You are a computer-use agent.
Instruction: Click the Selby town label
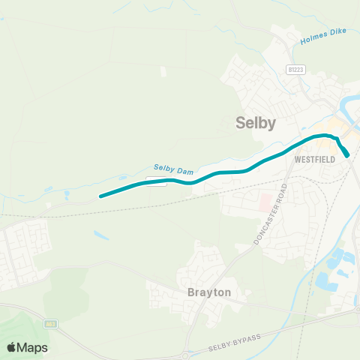(256, 122)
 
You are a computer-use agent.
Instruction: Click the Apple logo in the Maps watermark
(11, 347)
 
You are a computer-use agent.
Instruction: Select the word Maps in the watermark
(32, 347)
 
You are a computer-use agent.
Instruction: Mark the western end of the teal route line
(100, 196)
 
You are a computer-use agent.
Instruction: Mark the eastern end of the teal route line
(349, 155)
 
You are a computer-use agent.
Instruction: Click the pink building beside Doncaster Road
(264, 202)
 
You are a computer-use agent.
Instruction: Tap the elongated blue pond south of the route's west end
(100, 235)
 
